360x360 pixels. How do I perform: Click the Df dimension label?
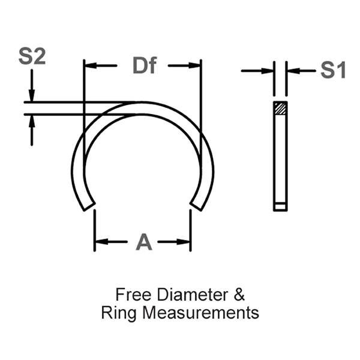coord(144,66)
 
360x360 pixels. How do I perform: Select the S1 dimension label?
coord(333,71)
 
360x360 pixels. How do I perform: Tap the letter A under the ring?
coord(144,242)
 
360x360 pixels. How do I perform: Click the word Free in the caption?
coord(133,295)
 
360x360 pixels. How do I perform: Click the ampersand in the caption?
coord(239,295)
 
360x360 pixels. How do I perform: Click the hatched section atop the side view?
coord(280,109)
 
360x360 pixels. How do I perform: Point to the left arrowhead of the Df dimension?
coord(89,66)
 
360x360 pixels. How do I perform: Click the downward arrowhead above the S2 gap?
coord(32,97)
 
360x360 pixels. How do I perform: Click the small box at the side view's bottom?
coord(280,206)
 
